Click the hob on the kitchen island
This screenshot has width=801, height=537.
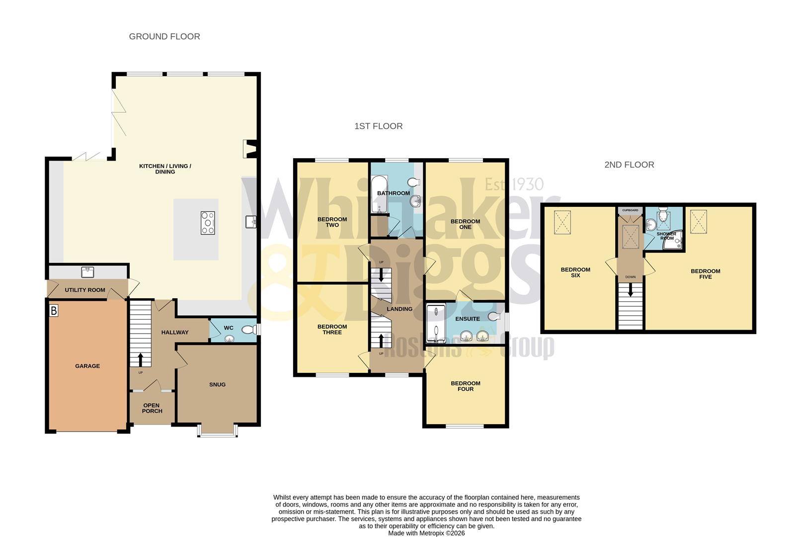pos(208,223)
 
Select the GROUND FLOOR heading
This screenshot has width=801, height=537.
pos(164,36)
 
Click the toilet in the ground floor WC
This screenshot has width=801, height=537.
pos(251,329)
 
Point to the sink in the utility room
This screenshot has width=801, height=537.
pos(87,271)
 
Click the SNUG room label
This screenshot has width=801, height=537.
pos(217,384)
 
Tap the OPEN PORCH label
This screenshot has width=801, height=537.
pos(152,408)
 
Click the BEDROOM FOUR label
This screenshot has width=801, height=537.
pos(466,386)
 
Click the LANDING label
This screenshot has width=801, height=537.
pos(400,309)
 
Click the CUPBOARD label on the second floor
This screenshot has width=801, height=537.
pos(630,210)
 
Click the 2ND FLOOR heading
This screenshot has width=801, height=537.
pos(629,165)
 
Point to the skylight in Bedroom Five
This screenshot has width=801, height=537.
pos(699,221)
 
